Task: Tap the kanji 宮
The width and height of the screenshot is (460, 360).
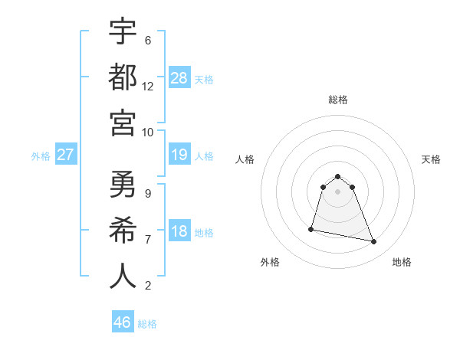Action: coord(123,123)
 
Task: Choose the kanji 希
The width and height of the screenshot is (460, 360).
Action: coord(123,230)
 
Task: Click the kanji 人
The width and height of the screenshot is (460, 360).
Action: coord(123,276)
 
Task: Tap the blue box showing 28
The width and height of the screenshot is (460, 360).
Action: coord(179,77)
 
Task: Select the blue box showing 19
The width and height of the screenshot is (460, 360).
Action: coord(179,155)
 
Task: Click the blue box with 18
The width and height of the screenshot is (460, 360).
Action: coord(179,231)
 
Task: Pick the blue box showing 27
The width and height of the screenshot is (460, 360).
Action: coord(65,155)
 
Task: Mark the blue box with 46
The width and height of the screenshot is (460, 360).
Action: coord(123,322)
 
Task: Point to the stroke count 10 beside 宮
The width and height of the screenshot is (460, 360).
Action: coord(148,132)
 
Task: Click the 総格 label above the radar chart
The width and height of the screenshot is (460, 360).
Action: coord(338,100)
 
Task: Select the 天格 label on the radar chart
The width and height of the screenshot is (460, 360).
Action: coord(432,159)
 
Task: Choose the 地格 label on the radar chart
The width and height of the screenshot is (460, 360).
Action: coord(402,262)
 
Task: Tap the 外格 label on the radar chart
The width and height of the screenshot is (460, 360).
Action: coord(270,262)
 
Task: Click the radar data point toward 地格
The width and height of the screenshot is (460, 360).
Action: coord(374,242)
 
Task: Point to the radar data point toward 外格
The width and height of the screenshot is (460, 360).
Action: coord(311,228)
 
